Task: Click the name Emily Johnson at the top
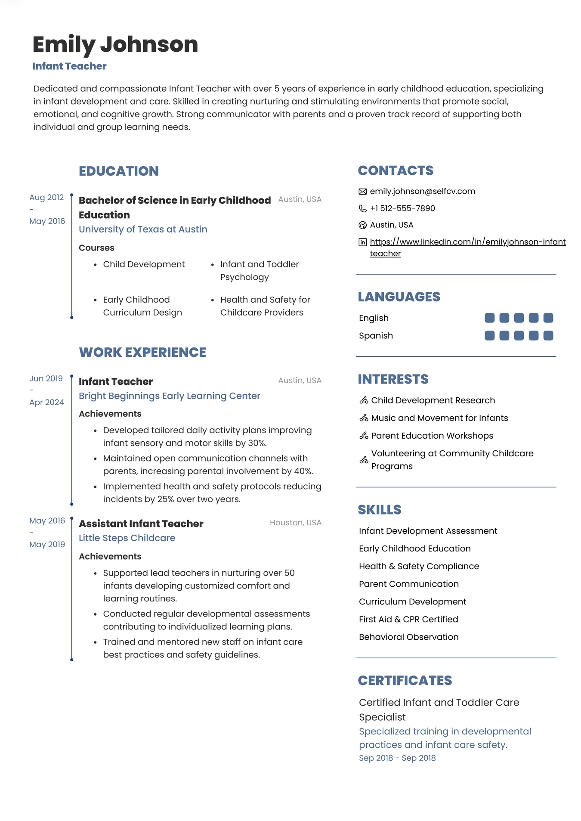115,44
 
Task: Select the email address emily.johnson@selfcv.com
422,191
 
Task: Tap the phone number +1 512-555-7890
402,208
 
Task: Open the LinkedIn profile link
467,242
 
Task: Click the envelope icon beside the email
363,192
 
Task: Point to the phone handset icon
363,208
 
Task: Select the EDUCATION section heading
119,171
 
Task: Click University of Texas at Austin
143,229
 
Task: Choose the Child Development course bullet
144,264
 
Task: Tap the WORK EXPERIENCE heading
142,352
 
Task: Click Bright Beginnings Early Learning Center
169,396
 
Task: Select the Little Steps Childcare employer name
127,538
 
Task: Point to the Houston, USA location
295,523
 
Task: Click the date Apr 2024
46,402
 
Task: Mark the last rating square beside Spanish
548,335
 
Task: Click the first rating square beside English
489,318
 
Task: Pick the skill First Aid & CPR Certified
408,619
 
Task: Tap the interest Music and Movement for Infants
439,418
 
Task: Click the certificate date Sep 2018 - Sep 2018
397,758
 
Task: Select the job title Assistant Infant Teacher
141,524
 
